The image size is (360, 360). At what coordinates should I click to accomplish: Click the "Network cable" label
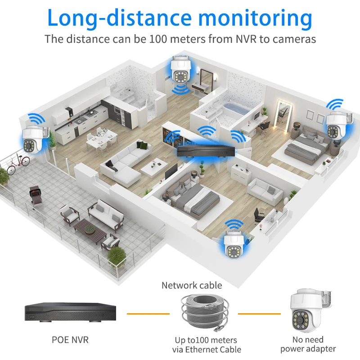[192, 285]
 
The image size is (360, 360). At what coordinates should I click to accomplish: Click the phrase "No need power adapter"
[308, 344]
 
